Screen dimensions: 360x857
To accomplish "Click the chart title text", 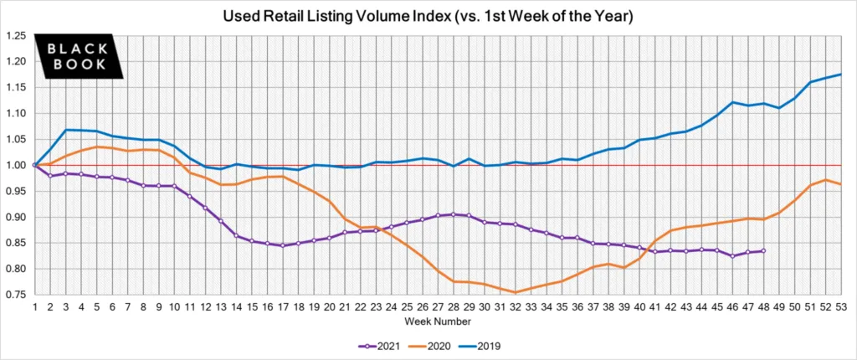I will [x=428, y=16].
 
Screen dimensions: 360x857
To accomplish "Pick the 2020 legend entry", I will [x=444, y=344].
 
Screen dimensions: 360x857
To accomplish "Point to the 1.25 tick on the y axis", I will [x=15, y=36].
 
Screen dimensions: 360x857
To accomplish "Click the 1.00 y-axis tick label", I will [x=15, y=165].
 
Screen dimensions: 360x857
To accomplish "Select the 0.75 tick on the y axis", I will [x=15, y=295].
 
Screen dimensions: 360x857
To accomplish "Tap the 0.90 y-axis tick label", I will [x=15, y=217].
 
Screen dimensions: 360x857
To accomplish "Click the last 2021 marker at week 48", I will [x=762, y=250].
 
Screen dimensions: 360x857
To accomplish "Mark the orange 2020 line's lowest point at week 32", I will [x=515, y=292].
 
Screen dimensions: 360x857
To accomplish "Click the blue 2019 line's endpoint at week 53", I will [x=839, y=75].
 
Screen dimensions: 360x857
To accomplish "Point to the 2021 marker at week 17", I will [x=282, y=246].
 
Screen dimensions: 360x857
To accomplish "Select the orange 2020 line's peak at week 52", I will [x=824, y=180].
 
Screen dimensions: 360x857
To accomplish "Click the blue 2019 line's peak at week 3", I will [x=65, y=130].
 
